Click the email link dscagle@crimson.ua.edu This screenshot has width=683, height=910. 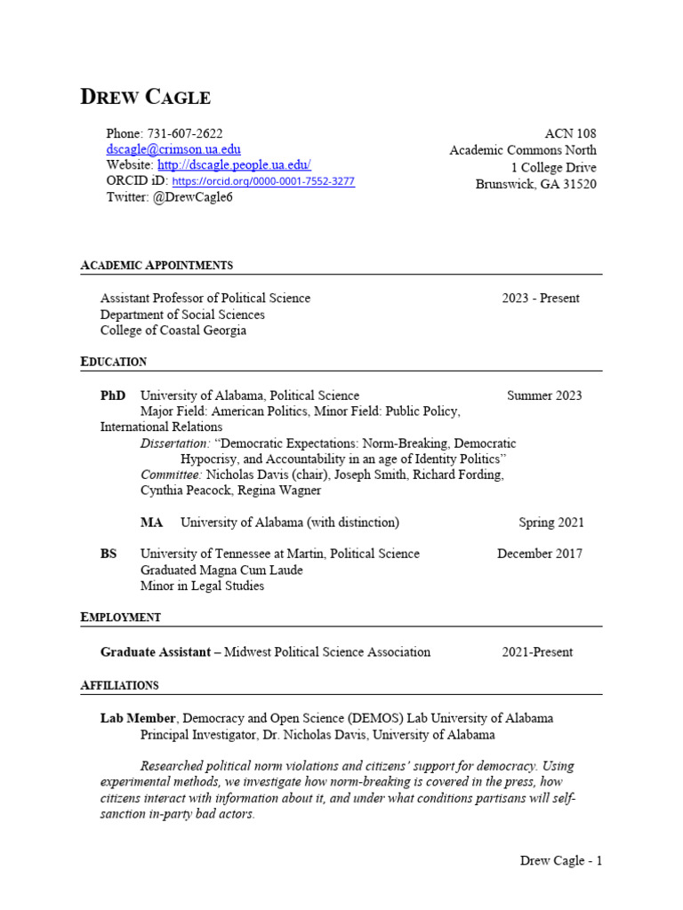173,149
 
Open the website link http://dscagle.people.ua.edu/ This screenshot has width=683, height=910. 234,165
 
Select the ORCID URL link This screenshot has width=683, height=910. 263,181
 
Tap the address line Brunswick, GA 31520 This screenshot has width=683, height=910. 536,184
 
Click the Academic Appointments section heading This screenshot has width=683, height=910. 157,265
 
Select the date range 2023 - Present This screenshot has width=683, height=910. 540,299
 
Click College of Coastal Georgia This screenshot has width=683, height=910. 173,331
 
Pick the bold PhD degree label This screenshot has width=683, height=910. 113,395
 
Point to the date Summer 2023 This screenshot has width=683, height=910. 544,395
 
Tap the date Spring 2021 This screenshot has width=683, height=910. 551,523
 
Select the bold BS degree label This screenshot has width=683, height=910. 108,554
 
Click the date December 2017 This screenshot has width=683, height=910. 540,554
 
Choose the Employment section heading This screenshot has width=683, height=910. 121,617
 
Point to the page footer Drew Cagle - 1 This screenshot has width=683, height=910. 561,860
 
